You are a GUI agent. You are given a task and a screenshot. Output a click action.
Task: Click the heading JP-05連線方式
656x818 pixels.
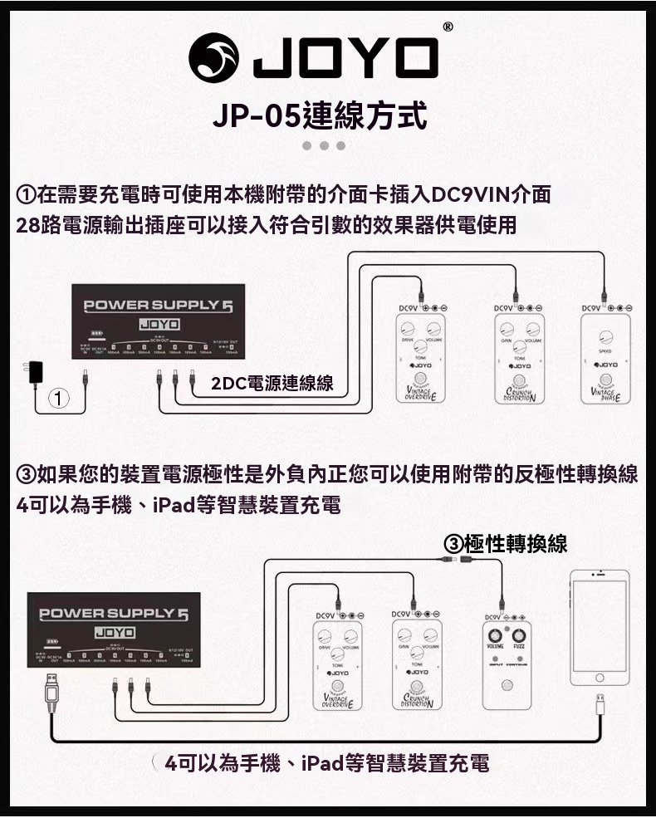click(x=320, y=115)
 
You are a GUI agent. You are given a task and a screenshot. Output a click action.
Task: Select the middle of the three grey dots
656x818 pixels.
click(x=323, y=146)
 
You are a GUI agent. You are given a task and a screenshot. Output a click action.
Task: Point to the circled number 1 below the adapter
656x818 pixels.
click(x=56, y=399)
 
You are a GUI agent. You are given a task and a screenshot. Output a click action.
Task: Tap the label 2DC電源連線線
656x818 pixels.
click(x=272, y=383)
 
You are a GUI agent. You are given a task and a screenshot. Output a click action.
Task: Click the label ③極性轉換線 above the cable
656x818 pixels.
click(x=507, y=543)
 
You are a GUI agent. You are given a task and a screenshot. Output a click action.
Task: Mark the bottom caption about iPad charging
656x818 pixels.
click(x=326, y=763)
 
